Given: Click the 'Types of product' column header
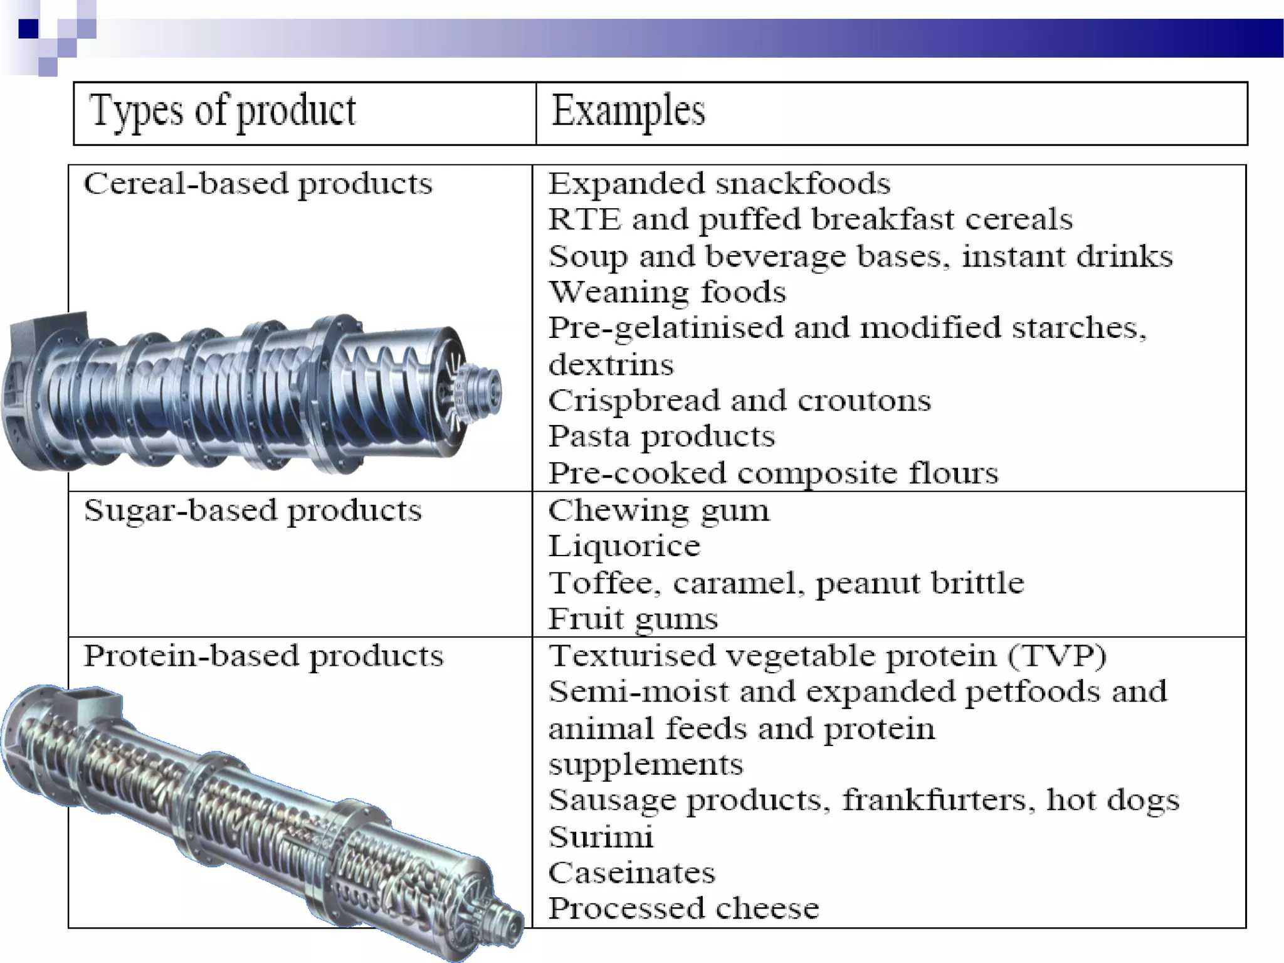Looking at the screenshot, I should pyautogui.click(x=223, y=112).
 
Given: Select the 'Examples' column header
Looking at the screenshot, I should pyautogui.click(x=628, y=112).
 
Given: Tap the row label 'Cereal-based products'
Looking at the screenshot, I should pyautogui.click(x=258, y=184).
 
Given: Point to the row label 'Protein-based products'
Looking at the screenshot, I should pyautogui.click(x=263, y=656).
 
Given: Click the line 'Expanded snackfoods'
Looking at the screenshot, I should pyautogui.click(x=719, y=184).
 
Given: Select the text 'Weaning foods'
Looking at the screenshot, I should pyautogui.click(x=667, y=292).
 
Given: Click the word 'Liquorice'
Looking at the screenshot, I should pyautogui.click(x=624, y=546).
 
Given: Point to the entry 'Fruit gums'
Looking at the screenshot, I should pyautogui.click(x=633, y=619).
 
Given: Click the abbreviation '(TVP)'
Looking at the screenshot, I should pyautogui.click(x=1057, y=656).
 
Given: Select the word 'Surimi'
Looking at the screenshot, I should pyautogui.click(x=601, y=837).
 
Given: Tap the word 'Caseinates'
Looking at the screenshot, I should pyautogui.click(x=631, y=873).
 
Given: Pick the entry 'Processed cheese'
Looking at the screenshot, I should pyautogui.click(x=683, y=908).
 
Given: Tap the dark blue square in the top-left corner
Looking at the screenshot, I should pyautogui.click(x=28, y=29).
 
